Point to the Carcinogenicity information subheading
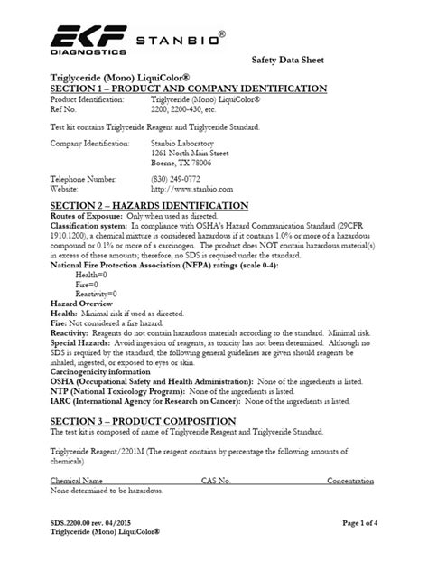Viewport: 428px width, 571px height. tap(104, 370)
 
